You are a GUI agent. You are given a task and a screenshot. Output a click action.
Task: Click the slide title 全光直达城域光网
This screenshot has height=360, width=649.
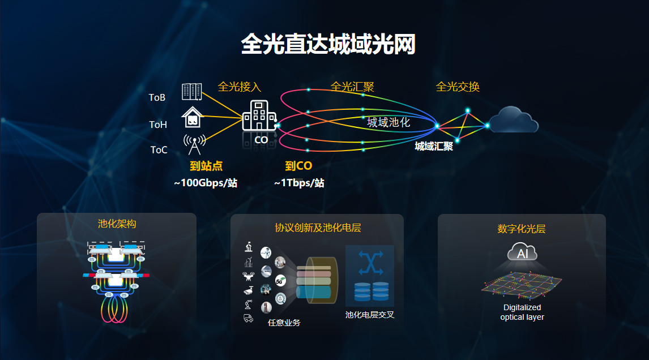[x=328, y=44]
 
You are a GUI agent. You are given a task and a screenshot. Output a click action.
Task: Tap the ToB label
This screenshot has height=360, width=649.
[x=157, y=97]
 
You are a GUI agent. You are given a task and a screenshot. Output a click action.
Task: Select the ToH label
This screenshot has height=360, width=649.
[x=158, y=125]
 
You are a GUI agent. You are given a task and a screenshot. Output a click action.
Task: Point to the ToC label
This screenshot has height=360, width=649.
[x=159, y=150]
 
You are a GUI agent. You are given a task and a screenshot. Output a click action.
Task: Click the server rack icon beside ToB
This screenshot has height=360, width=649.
[x=192, y=91]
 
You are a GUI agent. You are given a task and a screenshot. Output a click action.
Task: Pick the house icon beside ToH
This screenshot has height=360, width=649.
[x=193, y=117]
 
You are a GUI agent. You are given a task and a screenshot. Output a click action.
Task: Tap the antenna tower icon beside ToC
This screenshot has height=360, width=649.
[x=194, y=144]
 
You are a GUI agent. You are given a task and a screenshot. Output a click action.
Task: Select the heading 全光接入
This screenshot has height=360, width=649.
[x=240, y=87]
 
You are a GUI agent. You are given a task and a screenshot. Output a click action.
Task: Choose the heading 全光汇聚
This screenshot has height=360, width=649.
[x=352, y=87]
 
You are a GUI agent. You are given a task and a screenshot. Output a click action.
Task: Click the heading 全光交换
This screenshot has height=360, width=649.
[x=458, y=87]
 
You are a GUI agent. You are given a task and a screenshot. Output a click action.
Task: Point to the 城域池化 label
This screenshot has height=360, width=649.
[x=388, y=122]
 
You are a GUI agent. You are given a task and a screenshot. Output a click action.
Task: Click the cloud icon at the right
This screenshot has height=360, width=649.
[x=513, y=119]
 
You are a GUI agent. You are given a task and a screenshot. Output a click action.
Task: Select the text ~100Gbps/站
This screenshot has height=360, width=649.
[x=206, y=183]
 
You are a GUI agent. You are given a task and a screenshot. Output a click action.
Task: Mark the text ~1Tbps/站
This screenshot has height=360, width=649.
[x=299, y=183]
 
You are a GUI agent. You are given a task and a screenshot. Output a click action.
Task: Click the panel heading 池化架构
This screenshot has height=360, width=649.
[x=117, y=224]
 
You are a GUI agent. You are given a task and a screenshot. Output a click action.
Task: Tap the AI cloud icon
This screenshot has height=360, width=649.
[x=522, y=252]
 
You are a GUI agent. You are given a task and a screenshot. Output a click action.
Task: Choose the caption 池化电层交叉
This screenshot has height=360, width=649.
[x=370, y=315]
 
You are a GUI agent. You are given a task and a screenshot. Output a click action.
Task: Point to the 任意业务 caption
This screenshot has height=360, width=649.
[x=284, y=323]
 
